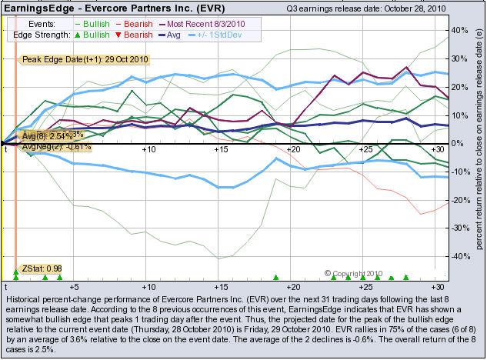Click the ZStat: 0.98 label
42,268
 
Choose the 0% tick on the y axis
457,144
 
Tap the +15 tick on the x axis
221,149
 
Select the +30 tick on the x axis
437,149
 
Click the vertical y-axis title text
478,154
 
